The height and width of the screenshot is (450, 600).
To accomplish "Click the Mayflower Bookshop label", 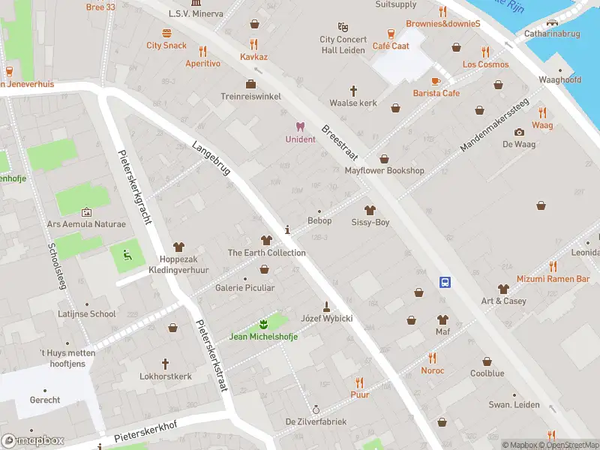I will (384, 170).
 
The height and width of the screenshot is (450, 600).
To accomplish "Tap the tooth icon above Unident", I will (300, 127).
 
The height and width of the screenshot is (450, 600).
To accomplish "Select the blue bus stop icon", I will (445, 282).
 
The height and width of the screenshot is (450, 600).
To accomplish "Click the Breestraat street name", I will (340, 142).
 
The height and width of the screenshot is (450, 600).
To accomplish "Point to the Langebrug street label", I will (211, 158).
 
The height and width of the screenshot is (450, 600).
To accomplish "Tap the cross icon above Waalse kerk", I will (354, 90).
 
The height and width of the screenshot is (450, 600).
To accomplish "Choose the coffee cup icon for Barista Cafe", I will (436, 80).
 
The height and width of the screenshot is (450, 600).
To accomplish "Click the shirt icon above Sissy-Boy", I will (370, 210).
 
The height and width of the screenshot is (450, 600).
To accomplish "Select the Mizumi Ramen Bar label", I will (553, 278).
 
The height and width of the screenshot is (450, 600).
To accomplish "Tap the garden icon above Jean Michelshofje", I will (263, 324).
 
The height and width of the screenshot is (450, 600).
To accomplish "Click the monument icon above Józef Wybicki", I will (326, 306).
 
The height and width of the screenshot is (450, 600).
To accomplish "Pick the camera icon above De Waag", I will (518, 132).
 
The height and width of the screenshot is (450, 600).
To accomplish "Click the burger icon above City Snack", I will (166, 33).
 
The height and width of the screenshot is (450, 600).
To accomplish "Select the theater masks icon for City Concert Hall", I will (343, 27).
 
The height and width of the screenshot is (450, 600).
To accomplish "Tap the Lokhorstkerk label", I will (166, 376).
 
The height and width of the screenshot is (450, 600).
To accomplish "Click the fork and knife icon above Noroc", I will (432, 358).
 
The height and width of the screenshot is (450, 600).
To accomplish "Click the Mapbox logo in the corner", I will (33, 441).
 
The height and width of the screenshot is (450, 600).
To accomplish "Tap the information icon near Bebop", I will (287, 229).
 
